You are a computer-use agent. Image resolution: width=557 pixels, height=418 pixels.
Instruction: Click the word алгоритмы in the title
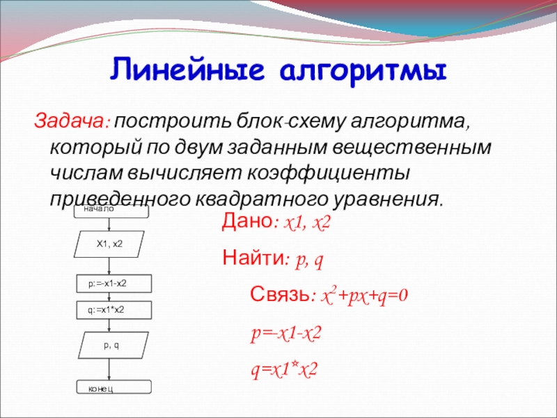pos(363,72)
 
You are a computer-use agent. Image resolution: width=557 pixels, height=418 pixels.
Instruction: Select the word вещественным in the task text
pos(411,148)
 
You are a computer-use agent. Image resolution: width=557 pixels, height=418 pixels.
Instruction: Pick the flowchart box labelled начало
pos(111,211)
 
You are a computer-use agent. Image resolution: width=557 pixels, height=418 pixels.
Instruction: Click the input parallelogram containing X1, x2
pos(109,245)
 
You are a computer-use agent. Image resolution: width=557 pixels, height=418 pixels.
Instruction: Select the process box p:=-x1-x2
pos(114,284)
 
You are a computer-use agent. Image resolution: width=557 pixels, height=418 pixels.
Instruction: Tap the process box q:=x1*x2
pos(114,310)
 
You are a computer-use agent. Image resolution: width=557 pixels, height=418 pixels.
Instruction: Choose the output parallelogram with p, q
pos(113,345)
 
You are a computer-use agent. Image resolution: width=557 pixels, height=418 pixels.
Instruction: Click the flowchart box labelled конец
pos(114,387)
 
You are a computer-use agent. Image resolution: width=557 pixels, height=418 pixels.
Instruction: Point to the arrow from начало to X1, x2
pos(109,224)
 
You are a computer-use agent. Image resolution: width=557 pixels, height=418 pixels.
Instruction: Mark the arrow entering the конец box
pos(109,369)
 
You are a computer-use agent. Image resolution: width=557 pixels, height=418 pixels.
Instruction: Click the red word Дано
pos(246,221)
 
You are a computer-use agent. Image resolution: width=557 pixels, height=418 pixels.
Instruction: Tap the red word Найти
pos(253,257)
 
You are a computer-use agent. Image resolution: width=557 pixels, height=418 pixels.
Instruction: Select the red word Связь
pos(279,294)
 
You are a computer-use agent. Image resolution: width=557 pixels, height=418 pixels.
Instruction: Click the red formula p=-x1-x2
pos(286,334)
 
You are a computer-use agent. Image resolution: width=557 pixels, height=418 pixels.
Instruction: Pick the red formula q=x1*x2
pos(284,370)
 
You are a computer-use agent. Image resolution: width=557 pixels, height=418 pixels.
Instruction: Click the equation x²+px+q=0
pos(364,295)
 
